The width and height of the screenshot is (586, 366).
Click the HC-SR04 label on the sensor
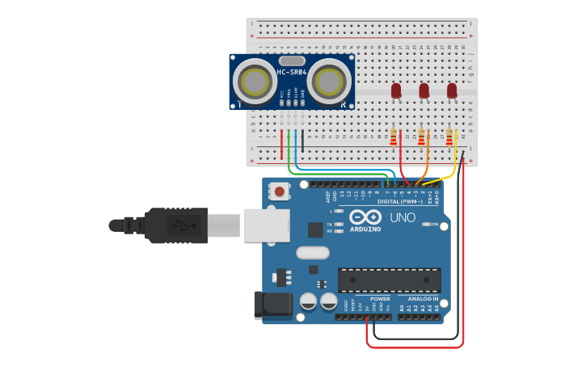click(x=292, y=73)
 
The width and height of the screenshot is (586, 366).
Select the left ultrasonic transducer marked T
click(x=254, y=81)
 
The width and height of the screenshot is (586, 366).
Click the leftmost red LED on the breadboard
click(x=396, y=91)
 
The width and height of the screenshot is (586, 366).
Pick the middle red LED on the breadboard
click(x=424, y=91)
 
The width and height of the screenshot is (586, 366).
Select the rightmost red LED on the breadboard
click(x=451, y=91)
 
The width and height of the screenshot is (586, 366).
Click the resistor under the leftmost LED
click(x=394, y=139)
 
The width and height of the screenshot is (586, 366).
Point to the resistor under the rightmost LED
click(x=449, y=139)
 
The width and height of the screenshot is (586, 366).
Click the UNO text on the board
click(x=402, y=217)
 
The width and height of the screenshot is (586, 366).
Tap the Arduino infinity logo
click(x=365, y=217)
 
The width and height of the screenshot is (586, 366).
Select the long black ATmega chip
click(x=389, y=280)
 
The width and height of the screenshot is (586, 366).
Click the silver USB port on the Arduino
click(x=265, y=225)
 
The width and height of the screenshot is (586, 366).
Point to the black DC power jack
click(x=272, y=305)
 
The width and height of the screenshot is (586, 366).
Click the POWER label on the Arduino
click(x=380, y=299)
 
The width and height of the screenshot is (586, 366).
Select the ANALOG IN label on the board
click(x=424, y=299)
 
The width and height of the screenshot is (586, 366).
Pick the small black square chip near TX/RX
click(x=315, y=229)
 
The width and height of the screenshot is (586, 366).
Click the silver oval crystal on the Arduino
click(x=312, y=253)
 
